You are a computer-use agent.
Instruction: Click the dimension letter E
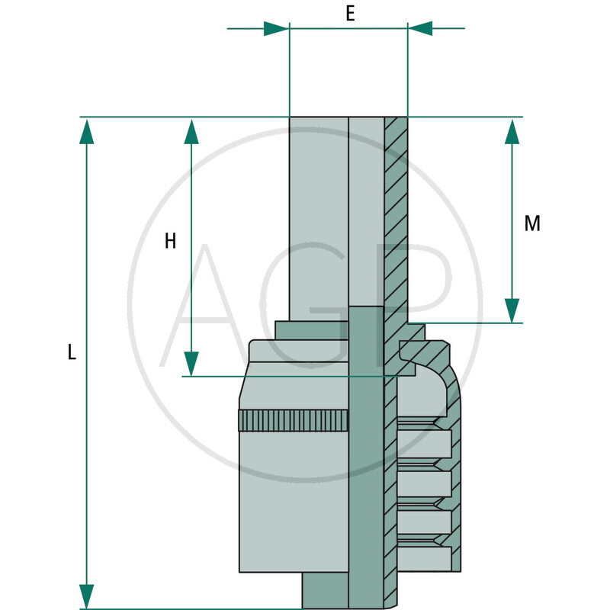(x=350, y=13)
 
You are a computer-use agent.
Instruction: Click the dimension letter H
(x=170, y=242)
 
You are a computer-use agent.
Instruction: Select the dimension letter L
(x=72, y=352)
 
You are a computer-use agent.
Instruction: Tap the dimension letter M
(x=532, y=223)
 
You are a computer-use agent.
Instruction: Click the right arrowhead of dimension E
(x=421, y=29)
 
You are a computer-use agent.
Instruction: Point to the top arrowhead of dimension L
(x=87, y=130)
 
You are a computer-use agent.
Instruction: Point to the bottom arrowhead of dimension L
(x=87, y=596)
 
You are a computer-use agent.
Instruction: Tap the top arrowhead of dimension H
(x=191, y=130)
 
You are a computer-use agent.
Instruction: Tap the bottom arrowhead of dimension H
(x=191, y=364)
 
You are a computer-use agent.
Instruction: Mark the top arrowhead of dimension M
(x=512, y=130)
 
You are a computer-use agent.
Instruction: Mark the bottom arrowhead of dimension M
(x=512, y=310)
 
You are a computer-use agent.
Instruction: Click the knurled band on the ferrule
(x=294, y=420)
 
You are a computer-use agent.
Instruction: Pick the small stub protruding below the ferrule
(x=326, y=590)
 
